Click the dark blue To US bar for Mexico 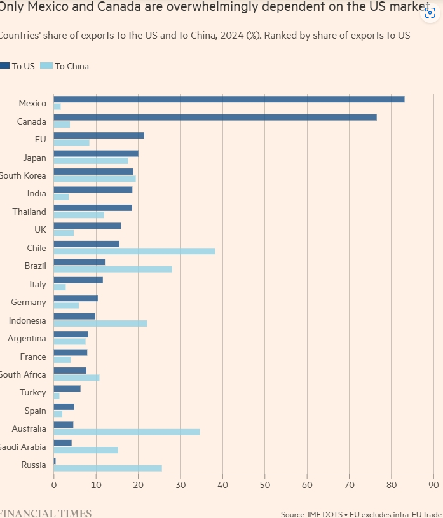(229, 99)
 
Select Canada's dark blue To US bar (215, 117)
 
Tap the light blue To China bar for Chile (134, 251)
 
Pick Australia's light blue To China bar (126, 432)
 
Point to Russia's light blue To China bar (107, 468)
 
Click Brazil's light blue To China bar (112, 269)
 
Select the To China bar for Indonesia (100, 324)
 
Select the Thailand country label (29, 212)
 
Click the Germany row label (29, 302)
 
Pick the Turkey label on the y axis (33, 393)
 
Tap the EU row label (40, 139)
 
